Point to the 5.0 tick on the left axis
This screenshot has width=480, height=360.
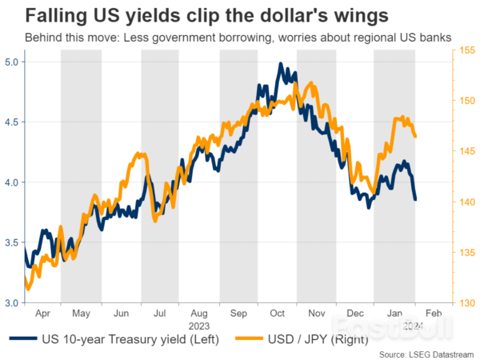click(x=14, y=62)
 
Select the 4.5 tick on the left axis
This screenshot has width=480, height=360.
click(x=14, y=122)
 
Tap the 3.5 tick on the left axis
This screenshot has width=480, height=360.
click(x=14, y=243)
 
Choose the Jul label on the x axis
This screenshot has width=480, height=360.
click(x=160, y=314)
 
